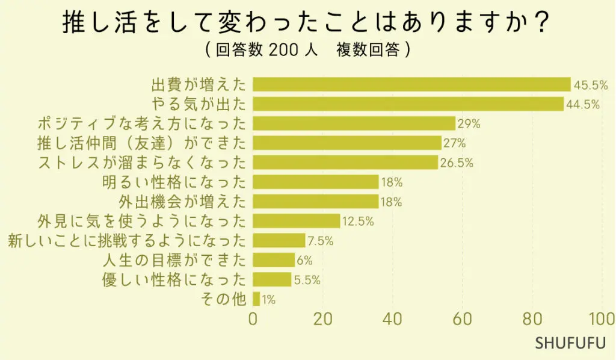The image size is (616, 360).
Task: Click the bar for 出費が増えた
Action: [411, 84]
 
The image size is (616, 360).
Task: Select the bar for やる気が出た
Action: [408, 104]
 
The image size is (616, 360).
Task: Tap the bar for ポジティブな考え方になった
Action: [354, 123]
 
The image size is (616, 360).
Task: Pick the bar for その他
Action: [256, 299]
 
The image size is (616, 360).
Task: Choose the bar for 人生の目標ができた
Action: [274, 260]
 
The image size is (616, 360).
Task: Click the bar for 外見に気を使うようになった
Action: [296, 221]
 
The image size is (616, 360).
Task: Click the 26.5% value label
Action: [457, 163]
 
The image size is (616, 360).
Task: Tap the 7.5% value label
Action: [320, 241]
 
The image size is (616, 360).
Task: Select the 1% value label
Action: [268, 299]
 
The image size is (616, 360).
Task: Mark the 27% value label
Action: [454, 143]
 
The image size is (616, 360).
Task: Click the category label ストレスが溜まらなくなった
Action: [142, 163]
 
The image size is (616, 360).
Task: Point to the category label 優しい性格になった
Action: [174, 280]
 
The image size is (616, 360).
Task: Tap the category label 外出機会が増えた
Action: [183, 202]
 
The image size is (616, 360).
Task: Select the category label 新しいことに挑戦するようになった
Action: [127, 241]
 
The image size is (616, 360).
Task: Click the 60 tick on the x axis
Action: [462, 319]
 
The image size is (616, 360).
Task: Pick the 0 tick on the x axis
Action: [253, 319]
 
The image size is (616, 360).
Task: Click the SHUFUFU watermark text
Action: [570, 344]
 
